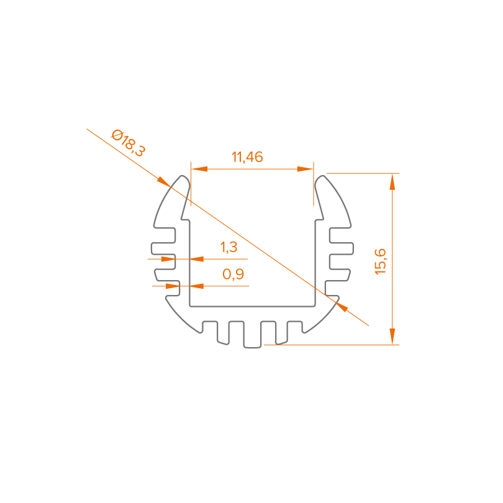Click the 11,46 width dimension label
pyautogui.click(x=247, y=157)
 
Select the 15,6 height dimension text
pyautogui.click(x=381, y=260)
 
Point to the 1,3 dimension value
pyautogui.click(x=229, y=247)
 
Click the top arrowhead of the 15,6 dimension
pyautogui.click(x=392, y=181)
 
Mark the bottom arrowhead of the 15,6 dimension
pyautogui.click(x=392, y=336)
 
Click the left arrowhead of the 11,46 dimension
pyautogui.click(x=198, y=168)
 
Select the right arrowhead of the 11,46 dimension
pyautogui.click(x=305, y=168)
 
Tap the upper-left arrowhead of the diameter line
pyautogui.click(x=163, y=181)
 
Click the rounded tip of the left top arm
pyautogui.click(x=183, y=179)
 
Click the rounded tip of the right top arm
pyautogui.click(x=322, y=180)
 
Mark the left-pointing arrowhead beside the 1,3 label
pyautogui.click(x=197, y=258)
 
